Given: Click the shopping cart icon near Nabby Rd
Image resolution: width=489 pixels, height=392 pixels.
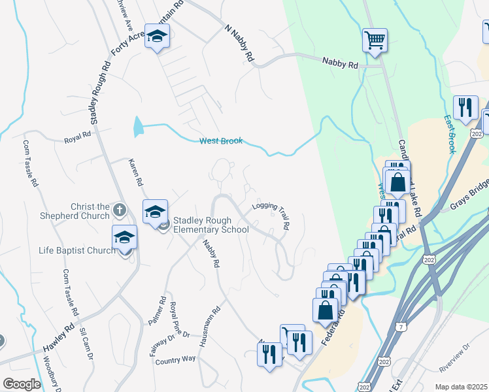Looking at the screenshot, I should (x=375, y=41).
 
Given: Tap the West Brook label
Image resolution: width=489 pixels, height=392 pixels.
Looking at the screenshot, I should (x=221, y=141).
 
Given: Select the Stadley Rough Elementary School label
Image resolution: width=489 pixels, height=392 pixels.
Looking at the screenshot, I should (x=210, y=225).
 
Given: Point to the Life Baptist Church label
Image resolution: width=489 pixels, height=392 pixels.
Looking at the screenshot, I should (x=76, y=250).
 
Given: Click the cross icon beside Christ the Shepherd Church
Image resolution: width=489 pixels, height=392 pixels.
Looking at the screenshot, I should (x=118, y=210).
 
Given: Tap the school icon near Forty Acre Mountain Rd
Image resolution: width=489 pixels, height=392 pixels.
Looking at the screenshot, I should (x=157, y=37).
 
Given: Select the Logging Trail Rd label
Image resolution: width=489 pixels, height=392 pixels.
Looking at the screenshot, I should (x=271, y=214).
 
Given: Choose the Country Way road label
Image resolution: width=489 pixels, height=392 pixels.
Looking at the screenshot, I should (x=175, y=359).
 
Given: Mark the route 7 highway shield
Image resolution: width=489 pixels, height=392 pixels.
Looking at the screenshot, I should (x=401, y=325).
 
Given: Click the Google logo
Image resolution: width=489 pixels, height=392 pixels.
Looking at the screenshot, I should (x=21, y=384).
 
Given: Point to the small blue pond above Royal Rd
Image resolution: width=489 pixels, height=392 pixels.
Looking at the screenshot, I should (x=137, y=127).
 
